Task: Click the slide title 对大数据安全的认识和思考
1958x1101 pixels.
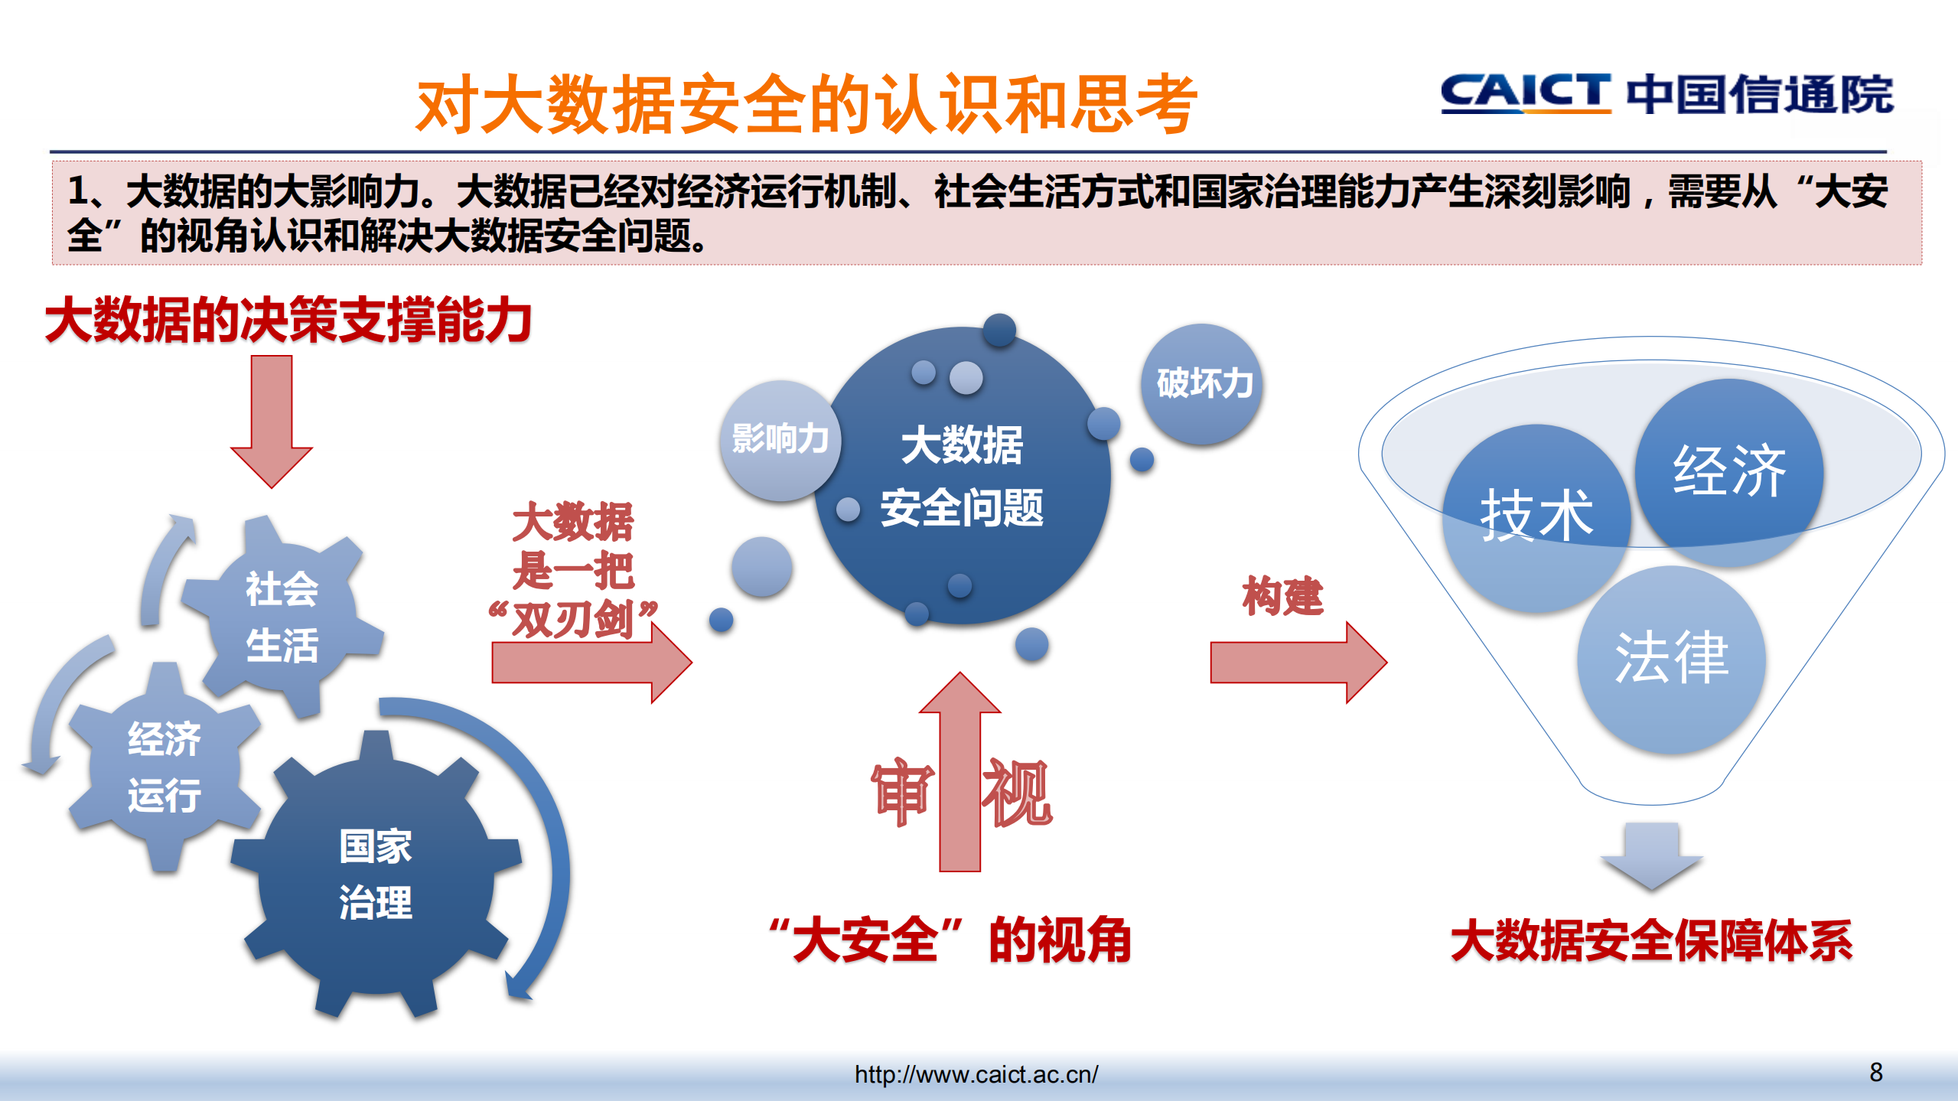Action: pos(806,105)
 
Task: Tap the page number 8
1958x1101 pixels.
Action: pos(1875,1072)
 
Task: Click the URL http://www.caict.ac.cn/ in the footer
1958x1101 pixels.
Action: pos(976,1074)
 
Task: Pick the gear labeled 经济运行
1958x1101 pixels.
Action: pos(165,767)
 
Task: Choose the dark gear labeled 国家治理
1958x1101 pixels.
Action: pos(376,874)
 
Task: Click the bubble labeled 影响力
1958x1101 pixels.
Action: pos(780,440)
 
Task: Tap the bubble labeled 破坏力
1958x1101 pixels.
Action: pos(1203,383)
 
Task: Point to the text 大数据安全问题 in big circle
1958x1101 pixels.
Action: pos(962,476)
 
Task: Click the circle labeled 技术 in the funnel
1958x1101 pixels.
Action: pos(1536,517)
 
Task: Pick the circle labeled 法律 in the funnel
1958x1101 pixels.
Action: pos(1671,658)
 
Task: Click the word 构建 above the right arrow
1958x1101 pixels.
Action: pos(1282,595)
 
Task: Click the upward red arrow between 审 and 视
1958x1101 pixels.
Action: pos(959,773)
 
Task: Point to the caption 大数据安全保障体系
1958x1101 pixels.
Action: pos(1651,940)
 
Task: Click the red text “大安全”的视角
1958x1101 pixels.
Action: pos(951,940)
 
